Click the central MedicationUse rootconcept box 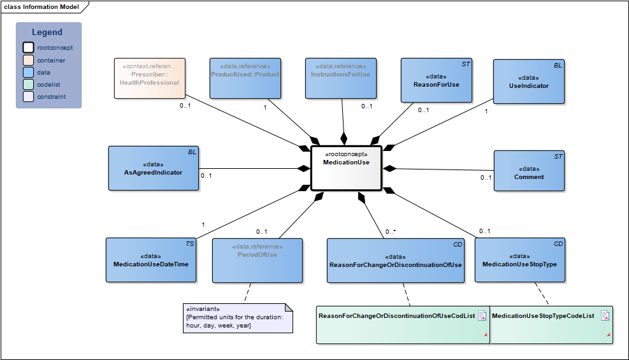tap(345, 168)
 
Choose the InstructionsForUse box tap(340, 78)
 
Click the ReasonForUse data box tap(436, 80)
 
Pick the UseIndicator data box tap(528, 82)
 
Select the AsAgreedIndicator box tap(153, 168)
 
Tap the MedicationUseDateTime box tap(151, 260)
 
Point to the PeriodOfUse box tap(257, 260)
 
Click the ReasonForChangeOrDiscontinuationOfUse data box tap(395, 261)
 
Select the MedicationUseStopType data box tap(519, 261)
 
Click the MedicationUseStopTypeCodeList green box tap(552, 325)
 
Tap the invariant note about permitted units tap(237, 317)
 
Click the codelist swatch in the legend tap(29, 85)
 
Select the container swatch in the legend tap(29, 60)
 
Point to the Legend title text tap(47, 32)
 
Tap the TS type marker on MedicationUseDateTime tap(189, 243)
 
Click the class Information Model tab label tap(41, 7)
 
